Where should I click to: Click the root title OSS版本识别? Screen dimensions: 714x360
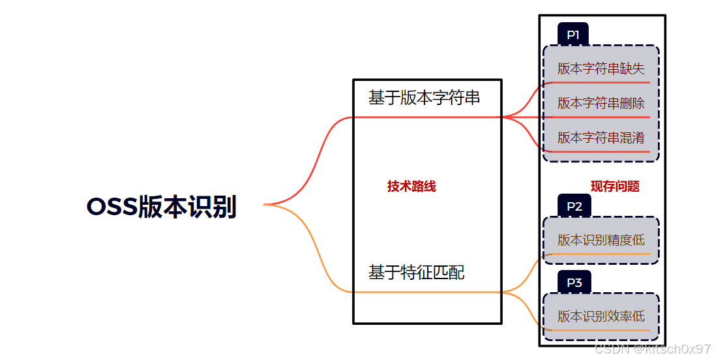(161, 207)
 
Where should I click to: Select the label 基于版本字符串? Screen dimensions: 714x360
(424, 98)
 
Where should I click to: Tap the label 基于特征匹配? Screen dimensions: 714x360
(416, 272)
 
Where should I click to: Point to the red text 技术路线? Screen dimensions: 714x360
(411, 187)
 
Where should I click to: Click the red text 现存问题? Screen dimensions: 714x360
(615, 187)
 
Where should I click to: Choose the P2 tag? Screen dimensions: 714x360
(574, 207)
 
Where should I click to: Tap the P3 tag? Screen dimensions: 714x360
(574, 282)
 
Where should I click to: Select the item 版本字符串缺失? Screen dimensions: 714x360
(601, 68)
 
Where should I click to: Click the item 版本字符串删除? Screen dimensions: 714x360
(601, 103)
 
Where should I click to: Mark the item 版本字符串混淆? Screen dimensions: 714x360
(601, 138)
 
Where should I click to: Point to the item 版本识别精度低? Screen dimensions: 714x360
(601, 240)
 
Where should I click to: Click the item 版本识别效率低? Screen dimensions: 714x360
(601, 316)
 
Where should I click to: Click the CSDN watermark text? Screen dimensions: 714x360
(653, 349)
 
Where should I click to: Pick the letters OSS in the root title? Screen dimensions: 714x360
(112, 207)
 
